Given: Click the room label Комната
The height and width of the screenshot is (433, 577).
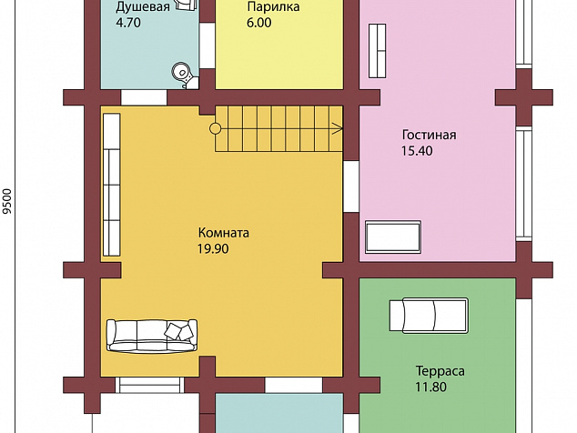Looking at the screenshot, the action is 223,233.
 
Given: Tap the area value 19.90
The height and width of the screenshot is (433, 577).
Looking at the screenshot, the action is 213,249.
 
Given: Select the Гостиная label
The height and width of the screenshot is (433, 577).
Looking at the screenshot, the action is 429,135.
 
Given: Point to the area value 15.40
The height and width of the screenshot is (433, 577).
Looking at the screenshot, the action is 417,151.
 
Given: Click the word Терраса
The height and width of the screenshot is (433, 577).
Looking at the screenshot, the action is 440,371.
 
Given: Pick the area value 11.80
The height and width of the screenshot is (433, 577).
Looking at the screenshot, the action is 430,387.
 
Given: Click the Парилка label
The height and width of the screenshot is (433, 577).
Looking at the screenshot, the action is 273,6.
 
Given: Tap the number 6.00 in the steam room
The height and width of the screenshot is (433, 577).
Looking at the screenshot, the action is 259,23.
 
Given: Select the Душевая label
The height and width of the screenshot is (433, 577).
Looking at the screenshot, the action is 143,7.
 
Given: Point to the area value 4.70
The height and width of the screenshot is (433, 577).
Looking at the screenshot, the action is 128,23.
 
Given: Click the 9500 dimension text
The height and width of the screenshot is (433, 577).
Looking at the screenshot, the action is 7,201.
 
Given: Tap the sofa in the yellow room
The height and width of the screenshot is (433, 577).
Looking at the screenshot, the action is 152,336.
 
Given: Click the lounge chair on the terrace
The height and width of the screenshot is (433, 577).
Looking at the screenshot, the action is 429,316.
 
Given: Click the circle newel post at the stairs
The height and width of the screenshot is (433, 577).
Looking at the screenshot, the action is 216,129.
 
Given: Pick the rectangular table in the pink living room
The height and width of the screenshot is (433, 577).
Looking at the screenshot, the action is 393,237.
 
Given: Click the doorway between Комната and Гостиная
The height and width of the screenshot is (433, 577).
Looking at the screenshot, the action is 351,186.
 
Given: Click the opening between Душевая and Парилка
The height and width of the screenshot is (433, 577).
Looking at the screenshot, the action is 207,46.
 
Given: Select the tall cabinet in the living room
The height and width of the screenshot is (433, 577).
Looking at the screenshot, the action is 377,51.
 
